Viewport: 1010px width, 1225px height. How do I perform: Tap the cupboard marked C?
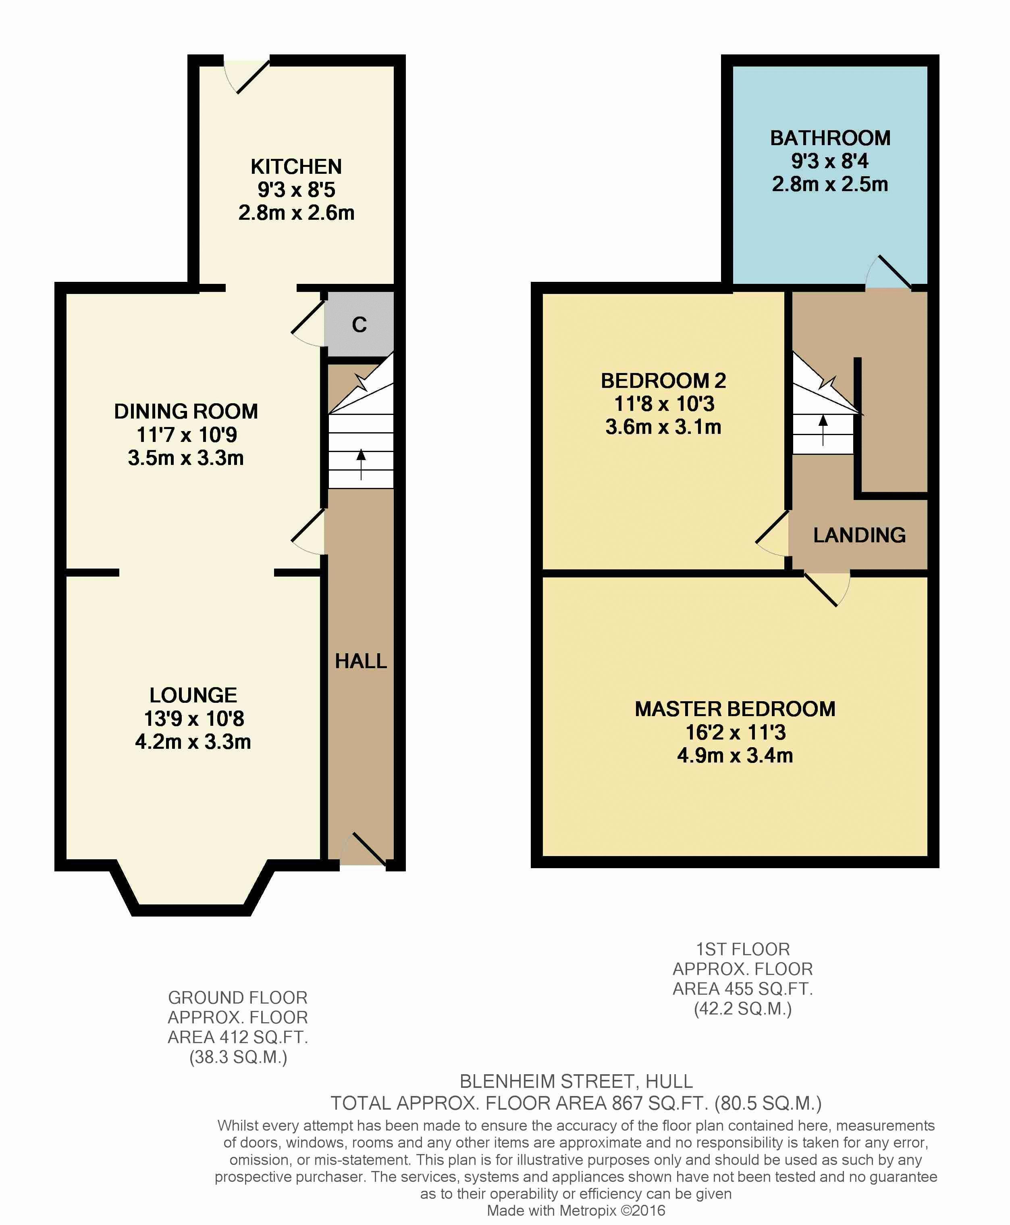[359, 324]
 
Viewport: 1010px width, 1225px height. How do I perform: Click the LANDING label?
[859, 535]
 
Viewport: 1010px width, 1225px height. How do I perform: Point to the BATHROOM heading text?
[829, 138]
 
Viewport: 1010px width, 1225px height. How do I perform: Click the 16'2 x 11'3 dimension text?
[735, 732]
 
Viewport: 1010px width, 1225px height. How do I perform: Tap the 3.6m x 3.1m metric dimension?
[663, 427]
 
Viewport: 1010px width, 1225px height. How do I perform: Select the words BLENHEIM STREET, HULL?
[576, 1081]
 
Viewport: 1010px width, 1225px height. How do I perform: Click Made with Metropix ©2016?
[576, 1210]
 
